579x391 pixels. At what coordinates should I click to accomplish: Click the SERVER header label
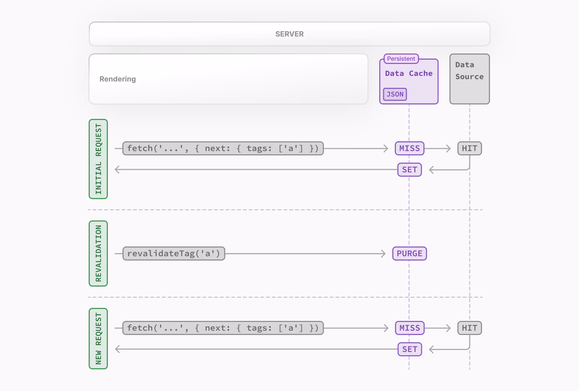pos(289,34)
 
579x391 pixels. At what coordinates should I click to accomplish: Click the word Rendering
pos(118,79)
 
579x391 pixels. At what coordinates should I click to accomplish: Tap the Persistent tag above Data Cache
pos(401,59)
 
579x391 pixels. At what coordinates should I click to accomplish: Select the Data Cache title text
pos(409,73)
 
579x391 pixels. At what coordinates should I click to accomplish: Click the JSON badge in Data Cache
pos(395,94)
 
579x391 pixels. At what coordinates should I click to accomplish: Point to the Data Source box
pos(469,79)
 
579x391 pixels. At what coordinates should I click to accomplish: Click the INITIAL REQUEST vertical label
pos(98,159)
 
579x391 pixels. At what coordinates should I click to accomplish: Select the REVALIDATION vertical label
pos(98,253)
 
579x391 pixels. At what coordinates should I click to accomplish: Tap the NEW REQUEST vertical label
pos(98,339)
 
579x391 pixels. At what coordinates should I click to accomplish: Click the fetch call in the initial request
pos(223,149)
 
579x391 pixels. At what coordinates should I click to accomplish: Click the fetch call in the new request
pos(223,328)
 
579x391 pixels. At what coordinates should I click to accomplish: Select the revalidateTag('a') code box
pos(174,254)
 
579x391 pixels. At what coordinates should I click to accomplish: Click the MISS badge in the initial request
pos(409,149)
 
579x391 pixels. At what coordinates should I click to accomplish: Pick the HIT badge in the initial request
pos(469,149)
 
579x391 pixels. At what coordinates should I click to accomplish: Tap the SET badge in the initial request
pos(409,170)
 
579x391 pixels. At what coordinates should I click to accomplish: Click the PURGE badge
pos(409,254)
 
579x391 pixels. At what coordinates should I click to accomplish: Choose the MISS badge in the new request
pos(409,328)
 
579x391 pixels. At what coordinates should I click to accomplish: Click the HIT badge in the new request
pos(469,328)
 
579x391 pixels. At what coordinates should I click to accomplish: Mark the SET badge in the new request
pos(409,349)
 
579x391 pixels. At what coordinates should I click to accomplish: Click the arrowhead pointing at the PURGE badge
pos(384,254)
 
